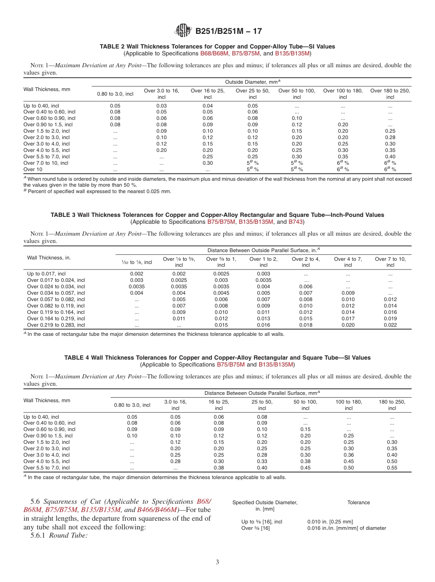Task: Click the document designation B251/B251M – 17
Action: point(228,32)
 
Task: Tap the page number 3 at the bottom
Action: point(217,562)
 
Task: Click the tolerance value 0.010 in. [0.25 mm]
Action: point(330,522)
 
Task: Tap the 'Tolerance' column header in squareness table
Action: point(358,502)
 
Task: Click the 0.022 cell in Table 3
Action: point(390,325)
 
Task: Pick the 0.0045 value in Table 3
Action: point(221,293)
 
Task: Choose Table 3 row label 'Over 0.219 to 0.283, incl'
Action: point(56,325)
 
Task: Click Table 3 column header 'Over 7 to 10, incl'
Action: point(390,262)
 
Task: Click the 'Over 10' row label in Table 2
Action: point(33,169)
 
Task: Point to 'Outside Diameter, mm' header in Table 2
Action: point(253,81)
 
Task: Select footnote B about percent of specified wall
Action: point(97,191)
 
